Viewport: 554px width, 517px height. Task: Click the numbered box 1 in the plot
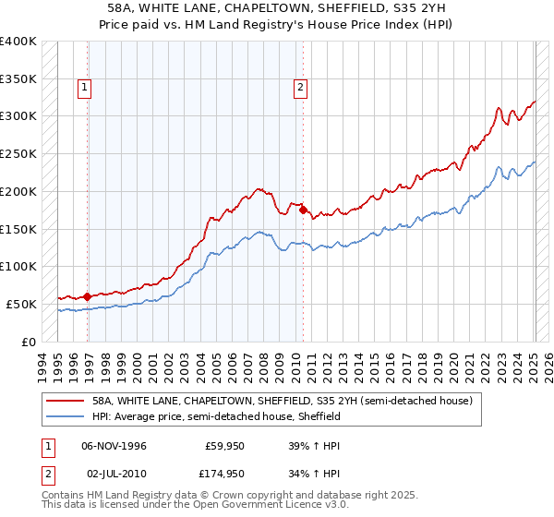(x=84, y=88)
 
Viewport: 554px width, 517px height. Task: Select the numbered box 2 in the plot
(x=300, y=88)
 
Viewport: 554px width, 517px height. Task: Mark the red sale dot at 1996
(x=88, y=296)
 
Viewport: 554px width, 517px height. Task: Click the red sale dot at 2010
(x=303, y=210)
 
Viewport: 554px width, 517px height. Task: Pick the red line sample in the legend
(x=66, y=401)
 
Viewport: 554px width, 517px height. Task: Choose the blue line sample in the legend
(x=66, y=416)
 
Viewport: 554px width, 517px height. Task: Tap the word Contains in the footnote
(x=66, y=497)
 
